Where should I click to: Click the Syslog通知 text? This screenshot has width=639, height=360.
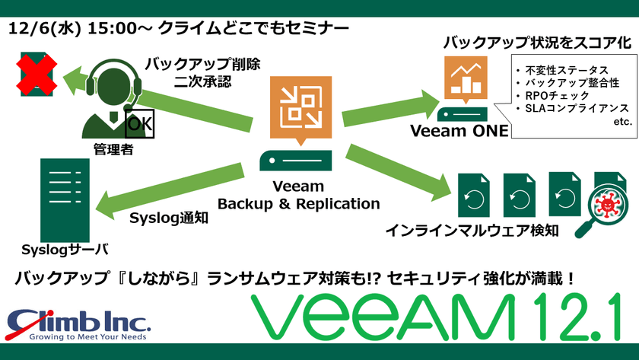pyautogui.click(x=166, y=218)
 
